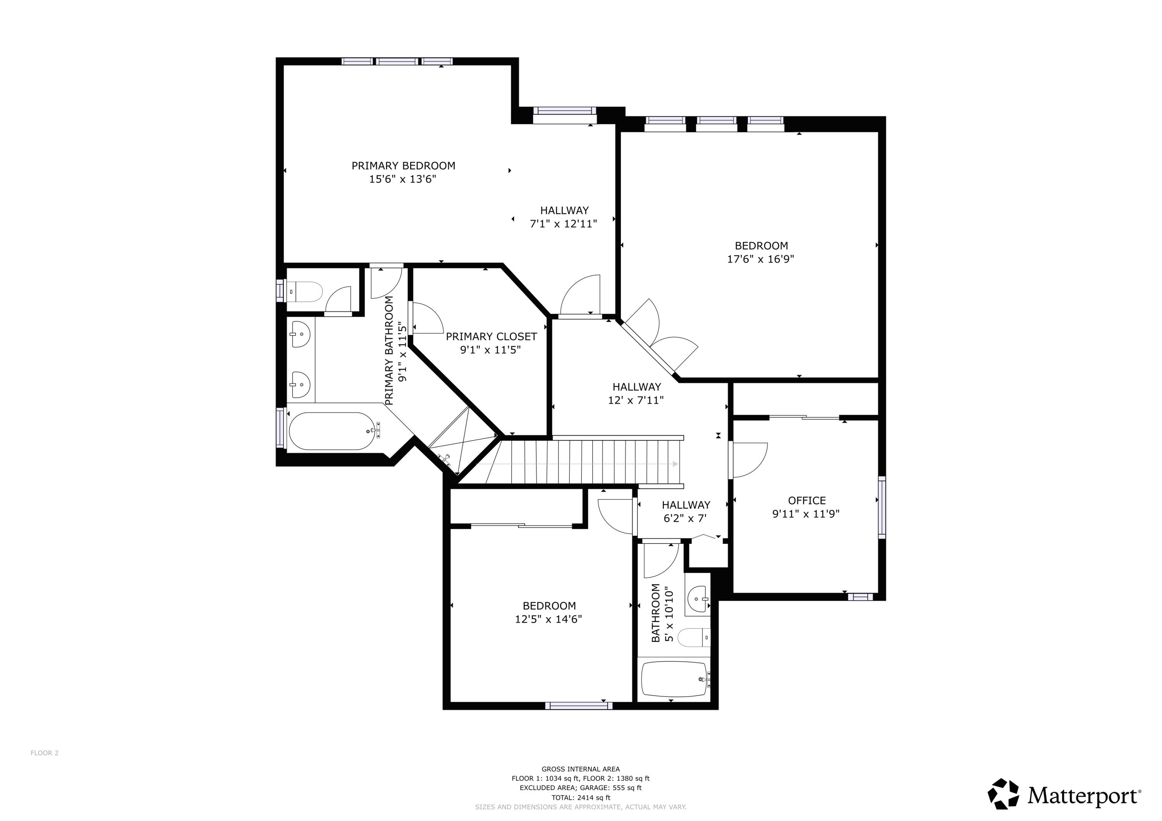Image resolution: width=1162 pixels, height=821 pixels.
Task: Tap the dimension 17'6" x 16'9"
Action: click(760, 259)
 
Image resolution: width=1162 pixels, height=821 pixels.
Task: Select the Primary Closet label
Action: click(491, 336)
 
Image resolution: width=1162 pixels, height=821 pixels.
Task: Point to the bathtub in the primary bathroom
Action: click(332, 431)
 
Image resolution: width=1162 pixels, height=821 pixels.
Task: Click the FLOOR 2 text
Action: click(45, 753)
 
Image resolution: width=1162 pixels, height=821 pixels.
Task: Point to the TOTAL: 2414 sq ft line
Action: click(581, 798)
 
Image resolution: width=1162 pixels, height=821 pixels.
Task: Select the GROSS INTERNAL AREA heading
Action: click(581, 769)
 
